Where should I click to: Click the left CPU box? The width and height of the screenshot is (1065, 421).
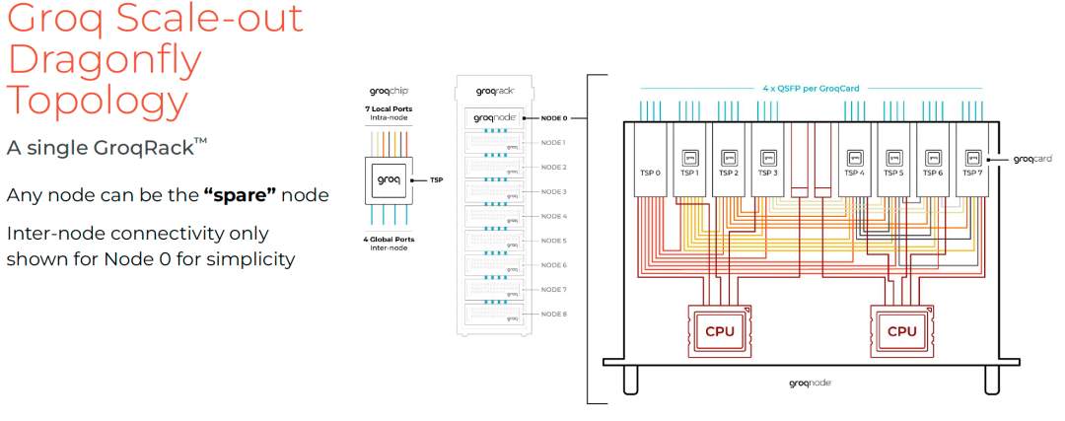tap(720, 331)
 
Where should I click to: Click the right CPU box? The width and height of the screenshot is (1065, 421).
tap(901, 331)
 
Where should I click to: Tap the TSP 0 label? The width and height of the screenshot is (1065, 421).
tap(650, 173)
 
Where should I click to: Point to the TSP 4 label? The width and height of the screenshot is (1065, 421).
tap(854, 173)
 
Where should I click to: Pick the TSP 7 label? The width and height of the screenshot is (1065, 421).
tap(972, 173)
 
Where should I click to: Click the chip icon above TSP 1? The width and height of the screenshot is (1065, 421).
tap(690, 157)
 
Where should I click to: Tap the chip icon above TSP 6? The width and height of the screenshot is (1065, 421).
tap(933, 157)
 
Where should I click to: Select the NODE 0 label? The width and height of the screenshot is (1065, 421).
tap(554, 118)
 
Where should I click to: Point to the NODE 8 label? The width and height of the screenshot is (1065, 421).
tap(554, 314)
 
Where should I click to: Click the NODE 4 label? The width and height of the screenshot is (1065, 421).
tap(554, 216)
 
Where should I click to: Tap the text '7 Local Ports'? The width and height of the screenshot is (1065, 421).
tap(387, 106)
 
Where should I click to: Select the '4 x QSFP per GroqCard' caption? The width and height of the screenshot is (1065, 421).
tap(811, 89)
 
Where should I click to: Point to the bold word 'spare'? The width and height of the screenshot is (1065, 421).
tap(241, 194)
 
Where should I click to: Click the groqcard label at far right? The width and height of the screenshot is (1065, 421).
tap(1032, 158)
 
